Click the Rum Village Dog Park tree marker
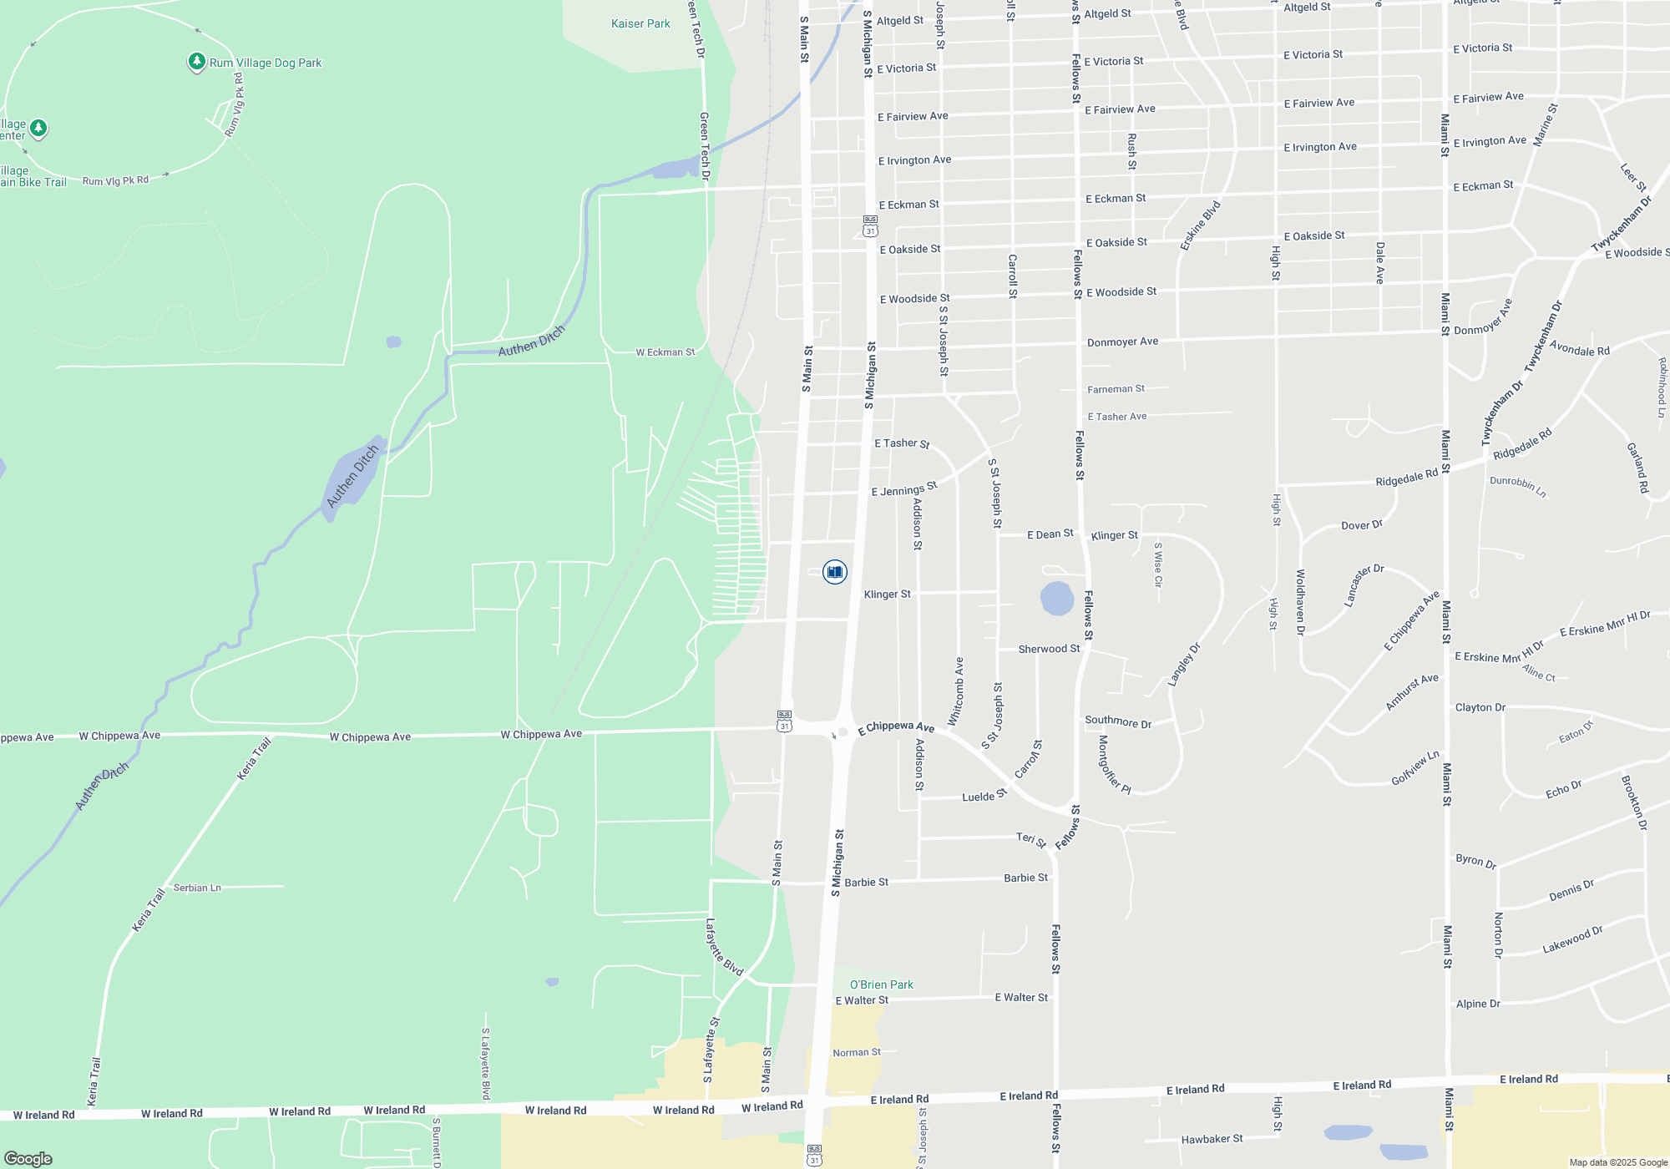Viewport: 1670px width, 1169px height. tap(196, 61)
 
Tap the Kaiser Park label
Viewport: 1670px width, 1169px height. tap(640, 23)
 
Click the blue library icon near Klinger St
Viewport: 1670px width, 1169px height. tap(834, 572)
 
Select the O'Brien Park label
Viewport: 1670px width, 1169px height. tap(881, 984)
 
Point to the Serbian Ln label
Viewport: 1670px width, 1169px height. tap(197, 888)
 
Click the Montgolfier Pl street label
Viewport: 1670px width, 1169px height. tap(1114, 765)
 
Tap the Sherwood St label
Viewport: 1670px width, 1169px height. tap(1049, 649)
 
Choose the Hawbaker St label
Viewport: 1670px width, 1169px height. tap(1212, 1139)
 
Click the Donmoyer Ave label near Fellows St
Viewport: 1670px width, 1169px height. tap(1122, 342)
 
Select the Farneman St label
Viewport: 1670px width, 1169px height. tap(1116, 389)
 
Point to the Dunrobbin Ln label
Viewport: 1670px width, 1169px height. tap(1517, 486)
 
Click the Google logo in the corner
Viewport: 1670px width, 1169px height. tap(28, 1158)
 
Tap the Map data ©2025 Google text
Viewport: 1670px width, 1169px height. tap(1617, 1162)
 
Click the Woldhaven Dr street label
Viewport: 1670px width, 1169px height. tap(1300, 602)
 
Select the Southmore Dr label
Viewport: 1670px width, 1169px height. tap(1118, 721)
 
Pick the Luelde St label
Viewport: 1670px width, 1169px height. tap(984, 796)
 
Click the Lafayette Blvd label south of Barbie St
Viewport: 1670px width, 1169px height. tap(723, 947)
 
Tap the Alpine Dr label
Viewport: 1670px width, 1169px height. tap(1478, 1004)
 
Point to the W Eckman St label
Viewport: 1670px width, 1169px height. tap(665, 352)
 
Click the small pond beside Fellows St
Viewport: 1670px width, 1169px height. tap(1056, 599)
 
